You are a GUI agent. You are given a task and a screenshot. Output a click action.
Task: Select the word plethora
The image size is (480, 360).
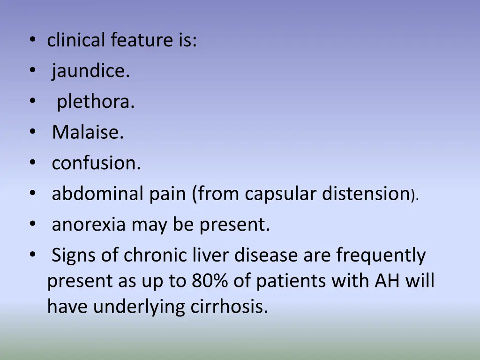[x=96, y=102]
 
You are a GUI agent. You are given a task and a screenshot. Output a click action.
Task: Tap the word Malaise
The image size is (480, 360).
[x=88, y=133]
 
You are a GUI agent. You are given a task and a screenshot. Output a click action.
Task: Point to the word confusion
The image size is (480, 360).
[x=96, y=163]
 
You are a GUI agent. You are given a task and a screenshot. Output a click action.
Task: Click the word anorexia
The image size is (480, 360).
[x=89, y=225]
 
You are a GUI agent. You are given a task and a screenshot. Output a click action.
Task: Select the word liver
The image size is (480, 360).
[x=211, y=255]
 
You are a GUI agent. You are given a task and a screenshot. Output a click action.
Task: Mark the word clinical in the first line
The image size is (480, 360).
[x=77, y=41]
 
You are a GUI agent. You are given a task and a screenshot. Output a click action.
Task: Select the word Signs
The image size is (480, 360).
[x=72, y=255]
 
